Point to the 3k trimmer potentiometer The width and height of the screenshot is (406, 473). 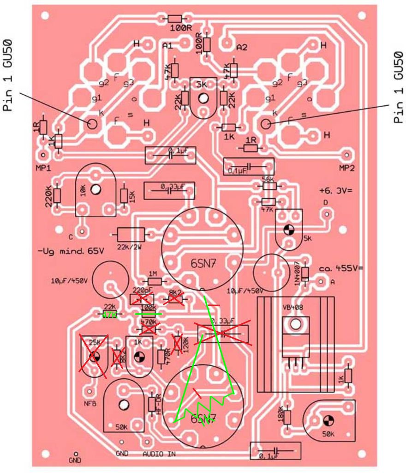coord(203,98)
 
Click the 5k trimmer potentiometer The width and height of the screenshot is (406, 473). coord(289,229)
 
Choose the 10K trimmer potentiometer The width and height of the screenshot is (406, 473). coord(96,190)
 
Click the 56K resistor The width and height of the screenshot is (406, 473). coord(269,186)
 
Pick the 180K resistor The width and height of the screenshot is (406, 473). coord(287,417)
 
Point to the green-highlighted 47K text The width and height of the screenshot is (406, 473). coord(109,315)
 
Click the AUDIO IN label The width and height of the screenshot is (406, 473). coord(159,454)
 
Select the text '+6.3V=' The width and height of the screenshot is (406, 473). coord(335,190)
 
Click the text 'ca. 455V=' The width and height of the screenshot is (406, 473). coord(341,268)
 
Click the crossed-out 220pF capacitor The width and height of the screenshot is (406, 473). coord(142,299)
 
